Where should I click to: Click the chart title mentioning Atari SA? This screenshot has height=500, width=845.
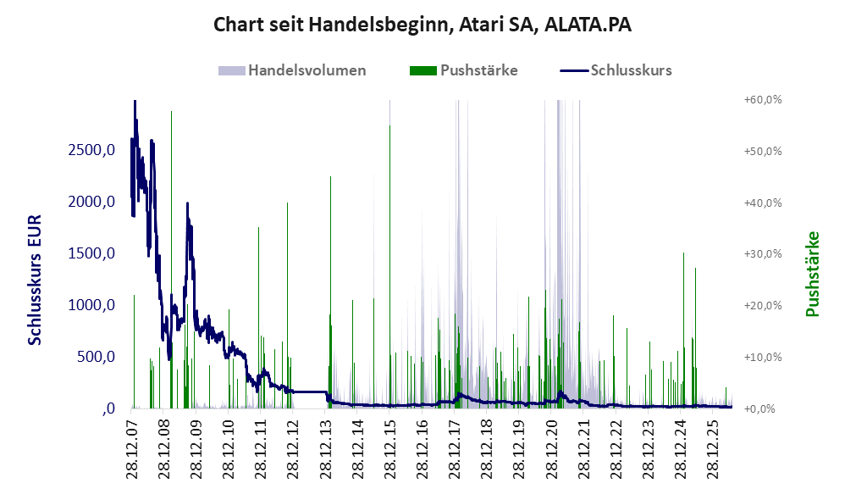point(422,25)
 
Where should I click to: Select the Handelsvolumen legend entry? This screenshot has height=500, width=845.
point(292,70)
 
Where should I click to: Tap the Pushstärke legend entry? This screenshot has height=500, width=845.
point(463,70)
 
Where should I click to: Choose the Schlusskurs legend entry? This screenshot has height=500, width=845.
point(616,70)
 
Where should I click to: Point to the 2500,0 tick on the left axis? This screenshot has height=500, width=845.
point(91,150)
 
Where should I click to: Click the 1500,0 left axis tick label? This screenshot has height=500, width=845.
point(91,253)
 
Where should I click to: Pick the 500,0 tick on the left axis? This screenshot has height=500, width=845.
point(96,357)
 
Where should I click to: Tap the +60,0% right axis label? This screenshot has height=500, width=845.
point(763,100)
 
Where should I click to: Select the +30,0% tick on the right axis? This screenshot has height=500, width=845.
point(763,254)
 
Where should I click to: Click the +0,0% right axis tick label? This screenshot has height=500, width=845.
point(759,408)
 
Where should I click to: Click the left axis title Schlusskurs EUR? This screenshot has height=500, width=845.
point(35,280)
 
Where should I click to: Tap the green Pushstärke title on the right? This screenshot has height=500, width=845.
point(813,274)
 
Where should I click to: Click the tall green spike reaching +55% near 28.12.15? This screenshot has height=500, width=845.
point(389,267)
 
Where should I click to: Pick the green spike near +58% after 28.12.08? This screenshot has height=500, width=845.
point(171,259)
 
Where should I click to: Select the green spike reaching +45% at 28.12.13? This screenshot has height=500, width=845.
point(330,292)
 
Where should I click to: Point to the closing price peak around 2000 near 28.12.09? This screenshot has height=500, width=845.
point(187,204)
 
